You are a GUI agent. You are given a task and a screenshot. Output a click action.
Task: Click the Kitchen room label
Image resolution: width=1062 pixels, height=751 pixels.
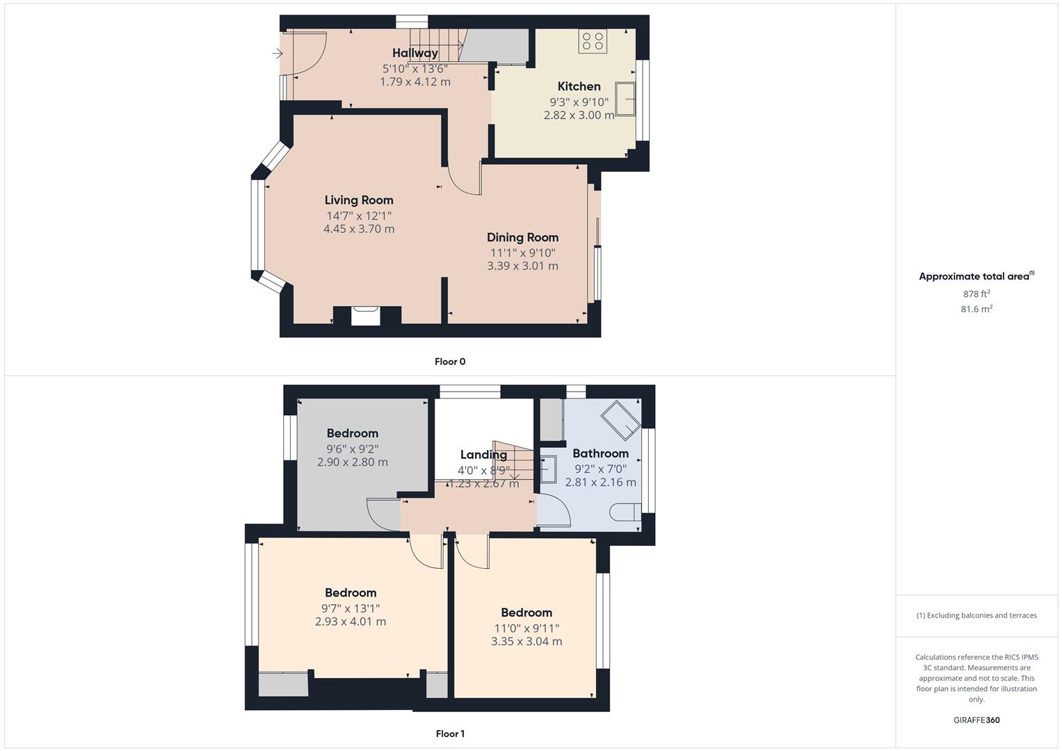coord(579,86)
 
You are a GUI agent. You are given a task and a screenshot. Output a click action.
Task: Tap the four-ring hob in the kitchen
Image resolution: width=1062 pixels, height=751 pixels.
coord(593,40)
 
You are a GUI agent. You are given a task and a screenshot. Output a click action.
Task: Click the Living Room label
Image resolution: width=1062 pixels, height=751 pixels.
coord(359,200)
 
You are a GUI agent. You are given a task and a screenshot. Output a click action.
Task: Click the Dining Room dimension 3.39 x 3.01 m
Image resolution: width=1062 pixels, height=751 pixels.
coord(522,266)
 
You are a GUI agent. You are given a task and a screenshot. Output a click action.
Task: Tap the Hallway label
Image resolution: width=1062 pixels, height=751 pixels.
coord(415,53)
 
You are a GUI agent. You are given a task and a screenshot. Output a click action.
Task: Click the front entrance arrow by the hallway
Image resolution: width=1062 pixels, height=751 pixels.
coord(277,53)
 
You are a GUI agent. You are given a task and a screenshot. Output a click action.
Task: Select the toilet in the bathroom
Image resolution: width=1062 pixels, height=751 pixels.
coord(625,512)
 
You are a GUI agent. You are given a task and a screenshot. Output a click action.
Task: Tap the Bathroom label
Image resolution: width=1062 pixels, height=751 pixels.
coord(600,453)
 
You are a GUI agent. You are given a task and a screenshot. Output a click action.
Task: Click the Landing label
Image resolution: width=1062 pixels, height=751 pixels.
coord(483,455)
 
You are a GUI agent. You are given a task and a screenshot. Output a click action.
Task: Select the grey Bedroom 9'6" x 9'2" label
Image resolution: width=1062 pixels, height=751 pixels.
coord(353,433)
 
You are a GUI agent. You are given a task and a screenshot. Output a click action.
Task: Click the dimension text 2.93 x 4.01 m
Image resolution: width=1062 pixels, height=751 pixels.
coord(351,622)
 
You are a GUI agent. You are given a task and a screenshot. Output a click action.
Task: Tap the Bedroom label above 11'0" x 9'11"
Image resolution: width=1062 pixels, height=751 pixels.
coord(526,613)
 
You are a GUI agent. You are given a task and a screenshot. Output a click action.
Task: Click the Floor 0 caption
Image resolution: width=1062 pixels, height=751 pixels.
coord(450,362)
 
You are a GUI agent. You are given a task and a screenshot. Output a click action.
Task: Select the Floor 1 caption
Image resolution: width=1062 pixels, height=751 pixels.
coord(450,734)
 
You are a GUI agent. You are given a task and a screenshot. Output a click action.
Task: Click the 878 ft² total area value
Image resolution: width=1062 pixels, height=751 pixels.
coord(976,294)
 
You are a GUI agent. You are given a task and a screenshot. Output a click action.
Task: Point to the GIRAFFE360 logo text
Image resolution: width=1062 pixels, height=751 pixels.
coord(976,720)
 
